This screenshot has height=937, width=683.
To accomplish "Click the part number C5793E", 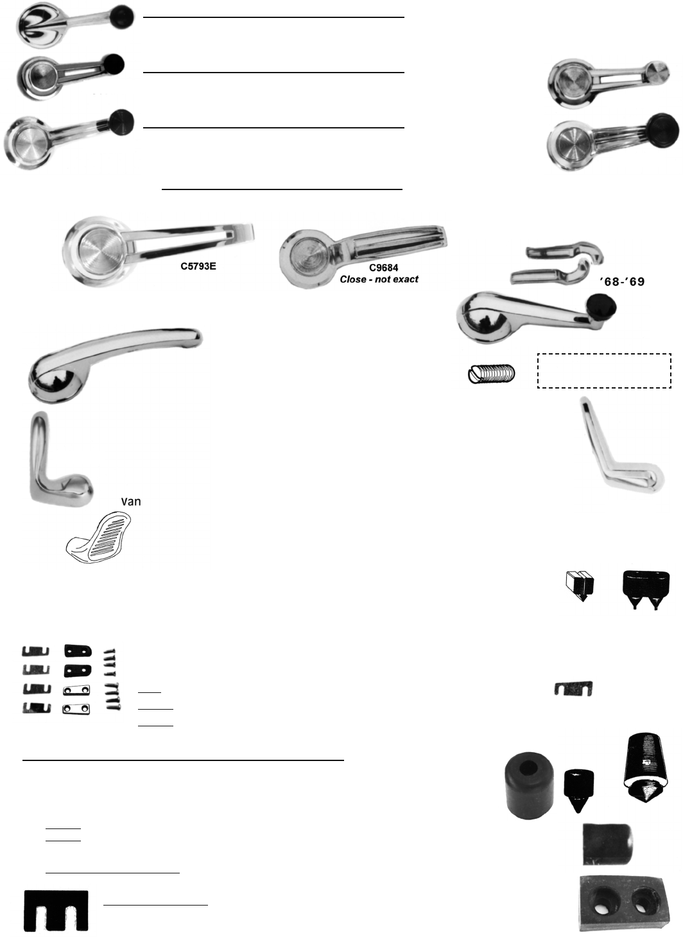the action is point(198,267).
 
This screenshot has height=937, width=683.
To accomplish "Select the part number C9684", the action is point(383,268).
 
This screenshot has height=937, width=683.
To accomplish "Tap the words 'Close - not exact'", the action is point(379,279).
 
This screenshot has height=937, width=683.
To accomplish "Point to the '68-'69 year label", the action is point(622,282).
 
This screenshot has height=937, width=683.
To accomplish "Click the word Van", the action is point(131,502).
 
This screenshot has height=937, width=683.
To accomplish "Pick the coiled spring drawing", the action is point(492,374).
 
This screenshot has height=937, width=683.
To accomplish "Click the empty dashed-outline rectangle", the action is point(604,371).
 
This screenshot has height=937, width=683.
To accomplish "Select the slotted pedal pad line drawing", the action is point(99,538).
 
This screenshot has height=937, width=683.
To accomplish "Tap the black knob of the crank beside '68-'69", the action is point(601,308).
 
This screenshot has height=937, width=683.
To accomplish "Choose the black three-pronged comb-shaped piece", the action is point(56,910).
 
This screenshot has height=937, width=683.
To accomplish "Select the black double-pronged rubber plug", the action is point(646,589).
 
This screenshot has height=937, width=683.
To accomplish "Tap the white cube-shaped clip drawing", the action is point(580,586).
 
